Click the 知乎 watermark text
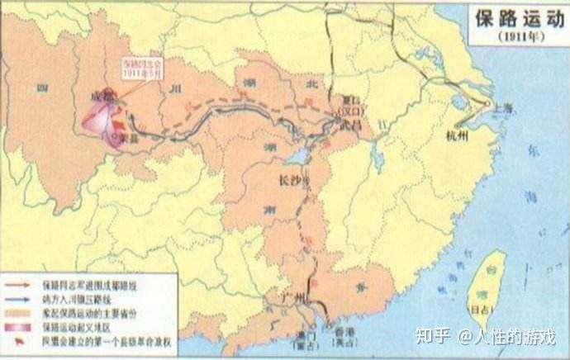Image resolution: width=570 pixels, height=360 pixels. pyautogui.click(x=433, y=335)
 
